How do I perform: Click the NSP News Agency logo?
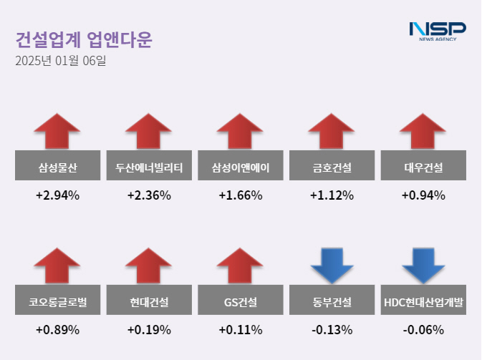point(437,30)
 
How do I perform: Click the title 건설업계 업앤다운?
point(83,39)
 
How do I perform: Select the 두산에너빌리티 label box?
point(149,169)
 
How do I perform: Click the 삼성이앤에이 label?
point(241,169)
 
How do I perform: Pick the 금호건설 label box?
point(332,169)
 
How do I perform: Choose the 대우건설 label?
point(423,169)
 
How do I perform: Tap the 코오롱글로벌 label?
point(57,303)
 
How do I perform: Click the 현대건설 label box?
point(149,303)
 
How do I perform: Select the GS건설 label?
point(241,303)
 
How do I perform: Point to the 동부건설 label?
point(332,303)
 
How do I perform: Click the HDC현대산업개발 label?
point(423,303)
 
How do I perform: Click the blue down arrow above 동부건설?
point(332,265)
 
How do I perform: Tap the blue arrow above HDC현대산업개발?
point(423,265)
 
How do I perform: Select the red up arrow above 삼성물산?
point(57,131)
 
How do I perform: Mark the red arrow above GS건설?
point(241,265)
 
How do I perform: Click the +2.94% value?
point(57,195)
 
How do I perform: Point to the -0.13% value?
point(332,330)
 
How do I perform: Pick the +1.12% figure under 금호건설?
point(332,195)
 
